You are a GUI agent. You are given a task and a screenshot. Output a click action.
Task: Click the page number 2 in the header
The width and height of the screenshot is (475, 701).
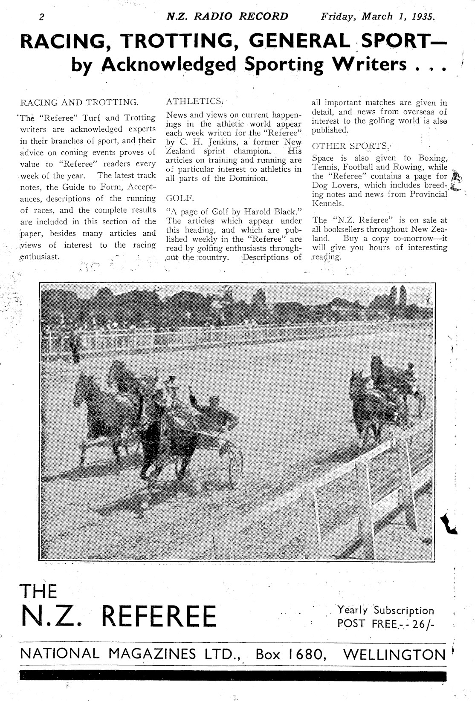tap(41, 17)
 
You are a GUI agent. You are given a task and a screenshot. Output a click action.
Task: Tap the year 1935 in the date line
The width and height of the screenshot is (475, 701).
tap(423, 17)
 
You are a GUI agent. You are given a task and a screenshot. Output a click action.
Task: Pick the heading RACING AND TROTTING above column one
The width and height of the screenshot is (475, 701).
tap(79, 103)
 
